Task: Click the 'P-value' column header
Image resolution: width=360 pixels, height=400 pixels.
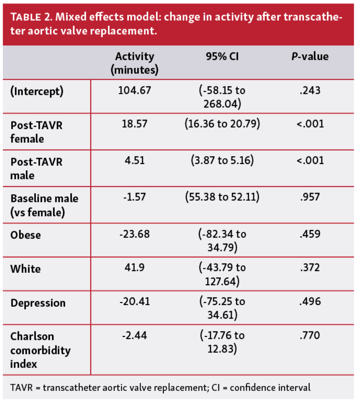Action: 310,56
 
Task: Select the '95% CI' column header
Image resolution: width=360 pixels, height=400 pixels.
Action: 222,56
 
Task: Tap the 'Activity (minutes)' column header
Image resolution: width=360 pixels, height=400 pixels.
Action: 135,63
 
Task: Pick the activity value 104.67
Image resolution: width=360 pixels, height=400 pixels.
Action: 135,90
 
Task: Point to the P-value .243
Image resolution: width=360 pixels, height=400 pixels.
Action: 310,90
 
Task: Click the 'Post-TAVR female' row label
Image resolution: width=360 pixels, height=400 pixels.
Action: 36,132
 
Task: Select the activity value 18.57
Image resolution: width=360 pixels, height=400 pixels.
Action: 135,125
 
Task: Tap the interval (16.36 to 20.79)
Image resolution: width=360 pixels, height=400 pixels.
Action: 222,125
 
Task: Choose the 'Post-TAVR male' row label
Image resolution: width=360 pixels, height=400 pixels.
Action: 36,168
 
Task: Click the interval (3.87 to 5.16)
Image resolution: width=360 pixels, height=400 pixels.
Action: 222,161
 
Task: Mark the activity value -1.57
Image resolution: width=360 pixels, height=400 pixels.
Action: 135,197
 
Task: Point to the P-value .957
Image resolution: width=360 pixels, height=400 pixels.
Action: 310,197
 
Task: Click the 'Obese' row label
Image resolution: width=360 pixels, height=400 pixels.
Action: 26,235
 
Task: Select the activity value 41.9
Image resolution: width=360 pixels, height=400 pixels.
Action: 135,268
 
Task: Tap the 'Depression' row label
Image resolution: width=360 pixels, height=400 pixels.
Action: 38,303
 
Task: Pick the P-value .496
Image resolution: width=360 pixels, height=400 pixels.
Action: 310,302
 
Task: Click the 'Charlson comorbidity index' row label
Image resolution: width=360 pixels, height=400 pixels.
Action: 40,350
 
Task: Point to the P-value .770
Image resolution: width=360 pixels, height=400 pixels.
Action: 310,336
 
